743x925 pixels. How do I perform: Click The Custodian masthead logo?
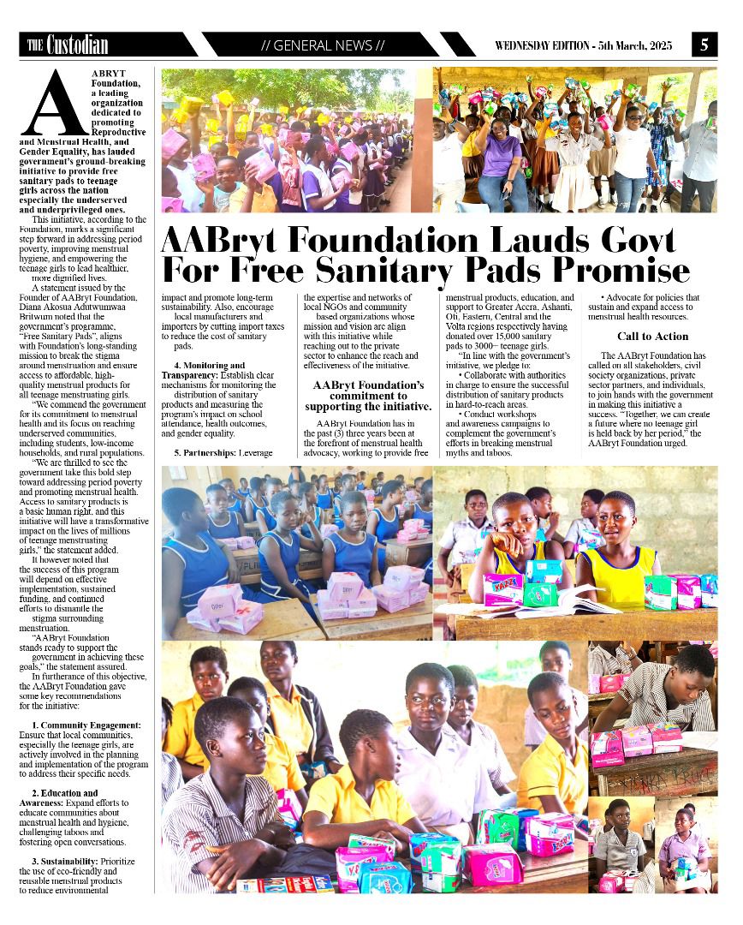pyautogui.click(x=68, y=45)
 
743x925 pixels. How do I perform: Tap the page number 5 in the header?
pyautogui.click(x=704, y=45)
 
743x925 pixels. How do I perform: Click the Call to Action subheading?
pyautogui.click(x=652, y=337)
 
